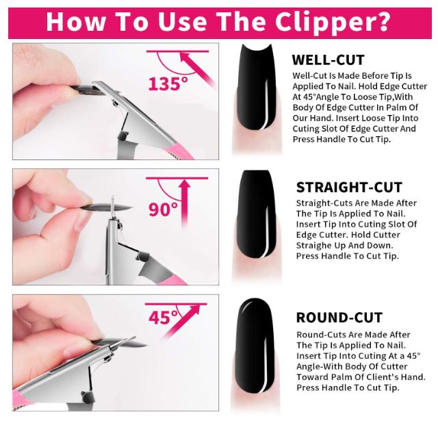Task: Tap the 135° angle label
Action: coord(168,84)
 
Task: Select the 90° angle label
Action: coord(163,209)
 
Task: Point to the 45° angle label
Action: coord(163,317)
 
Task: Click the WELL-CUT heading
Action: coord(328,60)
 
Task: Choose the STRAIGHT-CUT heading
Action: coord(349,187)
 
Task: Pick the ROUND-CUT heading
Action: coord(339,318)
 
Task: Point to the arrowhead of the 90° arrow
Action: coord(184,185)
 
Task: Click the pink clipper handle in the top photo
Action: coord(178,152)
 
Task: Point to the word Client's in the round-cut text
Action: coord(381,377)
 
